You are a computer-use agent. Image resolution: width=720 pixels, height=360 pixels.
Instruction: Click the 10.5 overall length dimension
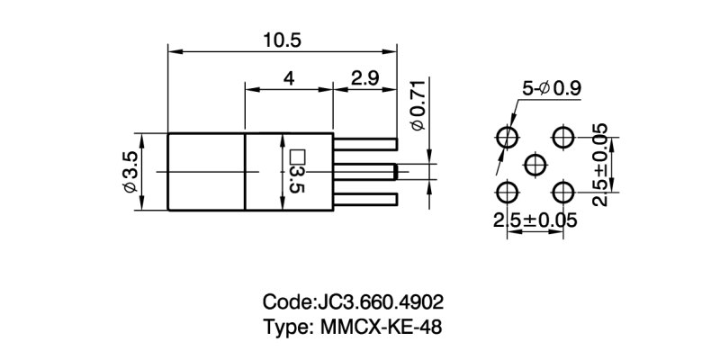282,40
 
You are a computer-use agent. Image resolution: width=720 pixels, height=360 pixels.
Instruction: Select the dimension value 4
289,79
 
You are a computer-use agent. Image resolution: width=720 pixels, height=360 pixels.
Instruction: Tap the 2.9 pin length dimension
364,79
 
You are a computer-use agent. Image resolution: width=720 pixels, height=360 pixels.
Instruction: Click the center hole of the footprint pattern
535,165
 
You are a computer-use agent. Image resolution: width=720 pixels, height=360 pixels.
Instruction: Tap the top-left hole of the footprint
507,138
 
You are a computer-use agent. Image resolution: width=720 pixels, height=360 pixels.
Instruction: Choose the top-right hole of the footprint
564,138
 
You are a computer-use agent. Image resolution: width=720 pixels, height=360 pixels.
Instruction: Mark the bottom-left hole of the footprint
507,193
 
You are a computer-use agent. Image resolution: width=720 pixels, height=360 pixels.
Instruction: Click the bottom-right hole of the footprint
564,193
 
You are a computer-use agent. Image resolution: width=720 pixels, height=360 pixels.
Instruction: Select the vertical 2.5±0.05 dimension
601,166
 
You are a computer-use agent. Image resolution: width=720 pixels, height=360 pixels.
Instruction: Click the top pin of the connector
365,141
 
